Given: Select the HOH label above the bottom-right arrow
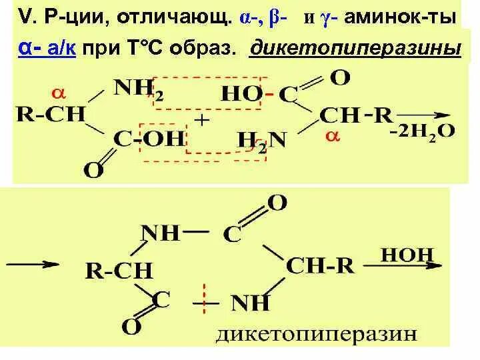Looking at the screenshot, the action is (407, 254).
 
